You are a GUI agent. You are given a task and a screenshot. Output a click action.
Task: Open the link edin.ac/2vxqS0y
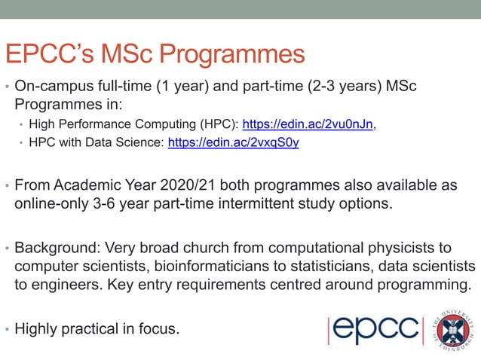coord(233,143)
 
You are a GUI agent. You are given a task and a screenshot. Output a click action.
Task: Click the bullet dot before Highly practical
coord(7,329)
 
